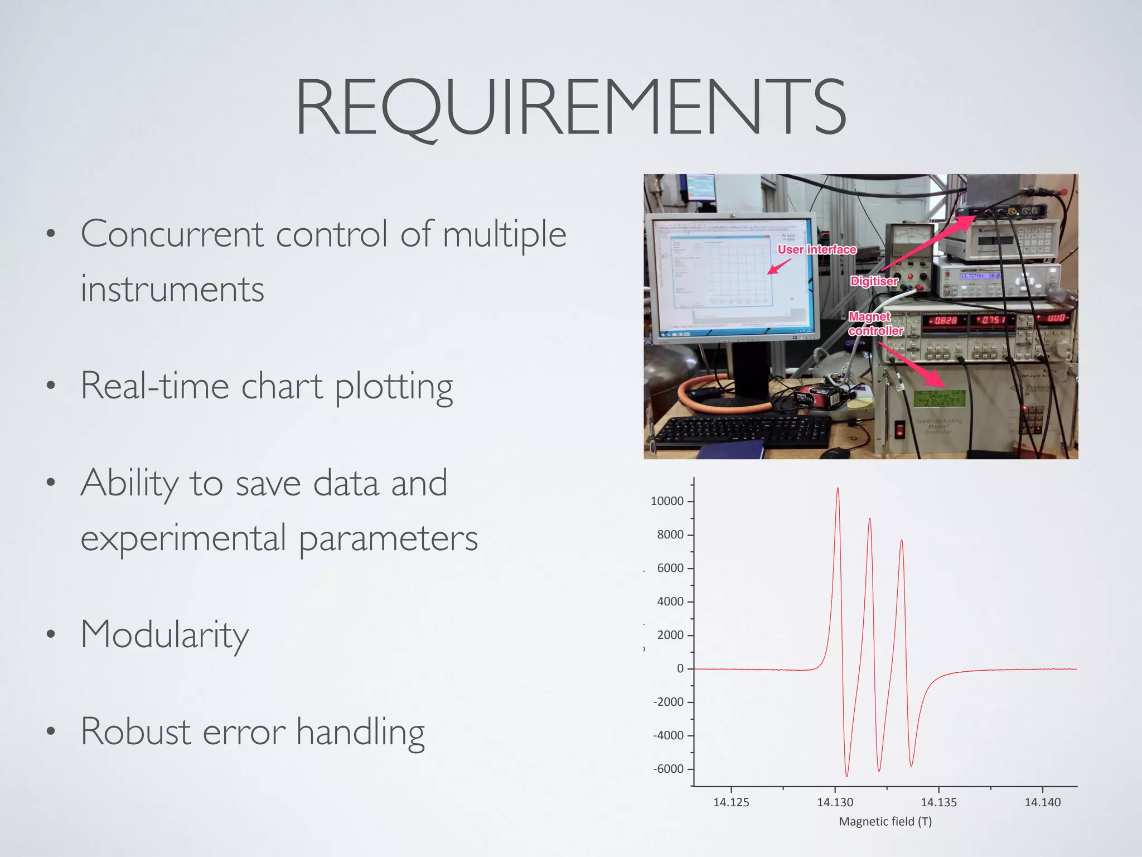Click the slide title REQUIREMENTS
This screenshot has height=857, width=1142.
click(570, 107)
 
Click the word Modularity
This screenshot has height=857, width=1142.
click(164, 635)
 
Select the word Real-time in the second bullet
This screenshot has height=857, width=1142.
click(154, 386)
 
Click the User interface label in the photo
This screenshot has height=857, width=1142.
click(816, 249)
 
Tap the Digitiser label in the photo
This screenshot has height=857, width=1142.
click(874, 281)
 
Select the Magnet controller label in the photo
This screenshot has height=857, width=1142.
click(875, 324)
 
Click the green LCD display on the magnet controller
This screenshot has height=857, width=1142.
click(939, 398)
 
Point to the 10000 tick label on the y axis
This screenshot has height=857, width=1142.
click(666, 501)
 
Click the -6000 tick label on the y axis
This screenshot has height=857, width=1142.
click(667, 769)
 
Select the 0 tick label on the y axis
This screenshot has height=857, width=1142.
click(680, 668)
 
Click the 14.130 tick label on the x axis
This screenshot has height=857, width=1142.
click(835, 802)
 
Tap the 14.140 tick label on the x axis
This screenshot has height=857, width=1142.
click(1042, 802)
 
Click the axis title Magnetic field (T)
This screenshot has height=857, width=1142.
click(885, 821)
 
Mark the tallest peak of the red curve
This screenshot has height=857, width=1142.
click(838, 489)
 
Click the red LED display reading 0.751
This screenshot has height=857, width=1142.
click(991, 320)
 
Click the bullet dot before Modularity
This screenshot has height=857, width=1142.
click(51, 634)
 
